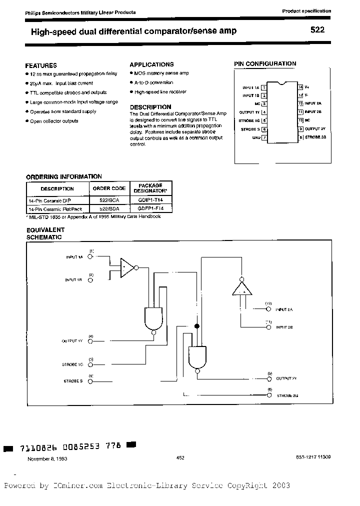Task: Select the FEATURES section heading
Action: pos(41,65)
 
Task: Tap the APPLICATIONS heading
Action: pos(151,64)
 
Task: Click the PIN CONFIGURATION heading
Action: pos(265,63)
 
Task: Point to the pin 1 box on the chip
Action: pos(264,87)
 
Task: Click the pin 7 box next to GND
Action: pos(264,137)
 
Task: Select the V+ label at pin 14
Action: pos(307,86)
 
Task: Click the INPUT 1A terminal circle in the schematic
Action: pos(90,257)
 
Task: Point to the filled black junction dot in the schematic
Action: pos(196,326)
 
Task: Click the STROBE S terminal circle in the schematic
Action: pos(90,381)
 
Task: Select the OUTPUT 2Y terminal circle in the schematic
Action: pos(269,379)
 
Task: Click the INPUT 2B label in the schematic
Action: pos(284,327)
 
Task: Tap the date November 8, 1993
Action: pos(47,458)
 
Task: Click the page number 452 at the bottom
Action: pos(180,457)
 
